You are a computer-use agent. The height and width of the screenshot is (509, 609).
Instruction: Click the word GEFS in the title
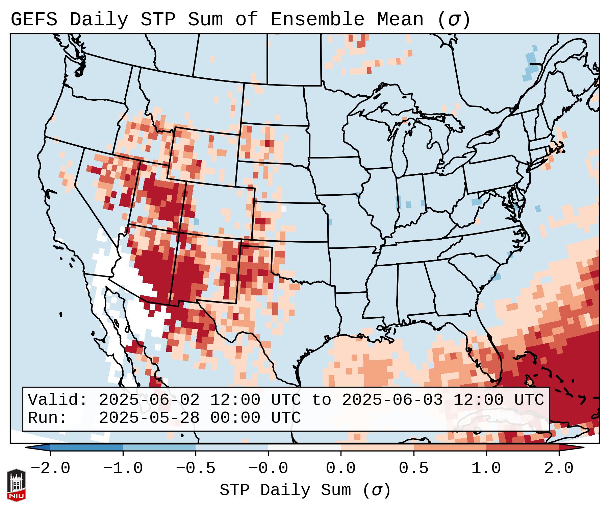[x=34, y=20]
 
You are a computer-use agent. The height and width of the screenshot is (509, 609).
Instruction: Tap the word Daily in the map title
[x=99, y=20]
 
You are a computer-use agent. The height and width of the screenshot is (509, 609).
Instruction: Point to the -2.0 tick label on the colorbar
[x=50, y=469]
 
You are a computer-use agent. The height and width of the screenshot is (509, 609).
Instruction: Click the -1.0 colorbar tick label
[x=123, y=469]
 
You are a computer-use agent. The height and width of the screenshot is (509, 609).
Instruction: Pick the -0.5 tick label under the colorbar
[x=196, y=469]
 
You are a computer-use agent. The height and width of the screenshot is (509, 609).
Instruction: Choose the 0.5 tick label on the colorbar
[x=414, y=469]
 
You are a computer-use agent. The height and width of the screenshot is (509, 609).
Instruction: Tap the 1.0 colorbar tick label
[x=486, y=469]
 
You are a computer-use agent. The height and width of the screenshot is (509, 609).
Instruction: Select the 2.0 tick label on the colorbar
[x=559, y=469]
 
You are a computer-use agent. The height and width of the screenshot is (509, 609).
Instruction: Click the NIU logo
[x=16, y=485]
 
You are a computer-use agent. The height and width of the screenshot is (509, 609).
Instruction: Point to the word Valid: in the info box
[x=58, y=400]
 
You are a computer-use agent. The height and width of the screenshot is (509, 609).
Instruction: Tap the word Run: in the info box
[x=48, y=418]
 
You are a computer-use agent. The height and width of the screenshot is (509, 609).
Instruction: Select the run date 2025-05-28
[x=149, y=418]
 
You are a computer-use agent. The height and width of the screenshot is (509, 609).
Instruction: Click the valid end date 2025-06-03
[x=392, y=400]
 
